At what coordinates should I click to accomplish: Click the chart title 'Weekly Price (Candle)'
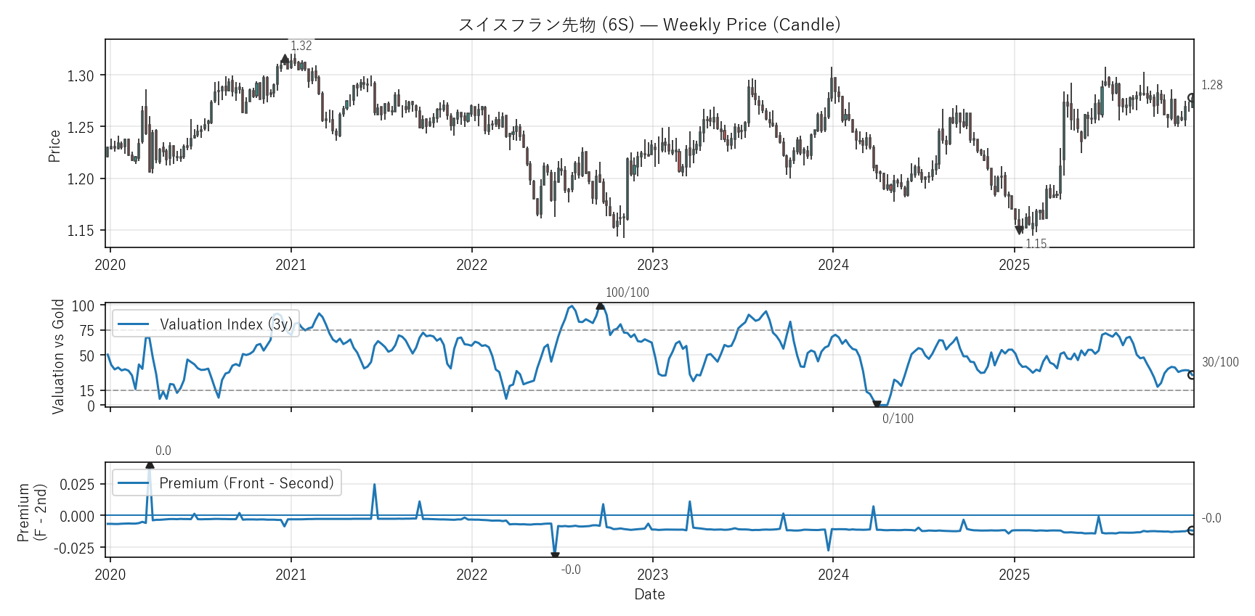pos(751,25)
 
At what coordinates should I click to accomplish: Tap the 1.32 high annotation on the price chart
pos(301,46)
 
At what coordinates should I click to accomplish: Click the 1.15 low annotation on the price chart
pos(1036,244)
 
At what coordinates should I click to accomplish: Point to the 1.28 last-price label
pos(1211,85)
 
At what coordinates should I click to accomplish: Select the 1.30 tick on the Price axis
pos(81,75)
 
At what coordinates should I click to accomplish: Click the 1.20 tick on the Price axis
pos(81,179)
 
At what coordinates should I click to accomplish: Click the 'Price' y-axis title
pos(54,145)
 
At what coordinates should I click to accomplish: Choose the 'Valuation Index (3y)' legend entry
pos(225,324)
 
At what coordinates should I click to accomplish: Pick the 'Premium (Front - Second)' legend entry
pos(246,483)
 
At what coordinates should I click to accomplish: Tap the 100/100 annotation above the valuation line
pos(627,292)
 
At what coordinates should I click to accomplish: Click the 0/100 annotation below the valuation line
pos(898,419)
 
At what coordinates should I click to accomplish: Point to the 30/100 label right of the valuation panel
pos(1220,362)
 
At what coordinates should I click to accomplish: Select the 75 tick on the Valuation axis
pos(87,331)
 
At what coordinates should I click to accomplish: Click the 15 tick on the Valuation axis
pos(87,391)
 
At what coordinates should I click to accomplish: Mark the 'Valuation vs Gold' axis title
pos(58,356)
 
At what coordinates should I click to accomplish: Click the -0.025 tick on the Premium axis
pos(74,549)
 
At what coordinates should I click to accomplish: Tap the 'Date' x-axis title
pos(649,594)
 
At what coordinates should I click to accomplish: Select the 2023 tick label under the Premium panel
pos(652,575)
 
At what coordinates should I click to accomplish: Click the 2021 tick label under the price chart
pos(291,265)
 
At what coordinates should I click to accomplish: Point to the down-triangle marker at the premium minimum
pos(555,557)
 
